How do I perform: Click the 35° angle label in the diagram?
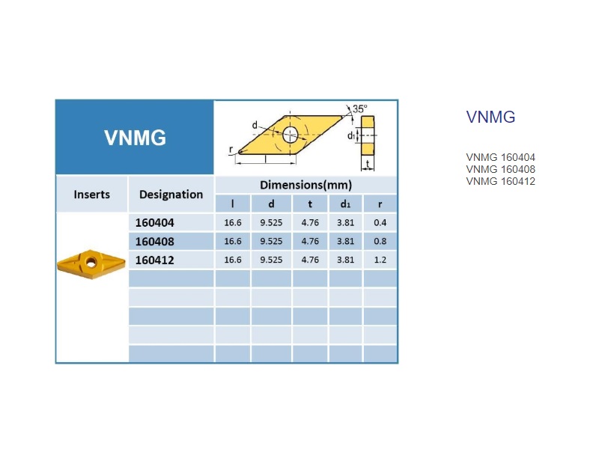point(360,109)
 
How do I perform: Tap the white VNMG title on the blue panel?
point(136,138)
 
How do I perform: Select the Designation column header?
point(171,195)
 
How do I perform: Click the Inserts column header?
point(91,195)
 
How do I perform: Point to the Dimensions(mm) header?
point(306,185)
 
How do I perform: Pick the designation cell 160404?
point(155,222)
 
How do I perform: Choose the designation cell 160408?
point(155,241)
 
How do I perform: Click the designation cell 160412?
point(155,260)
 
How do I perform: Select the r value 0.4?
point(380,222)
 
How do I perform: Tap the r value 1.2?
point(380,260)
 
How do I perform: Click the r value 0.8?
point(380,241)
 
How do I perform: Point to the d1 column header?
point(345,204)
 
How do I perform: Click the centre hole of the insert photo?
point(91,262)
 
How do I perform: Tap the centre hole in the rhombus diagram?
point(291,135)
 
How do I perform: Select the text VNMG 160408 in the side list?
point(500,169)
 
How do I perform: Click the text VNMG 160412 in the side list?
point(500,181)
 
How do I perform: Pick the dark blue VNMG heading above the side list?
point(490,117)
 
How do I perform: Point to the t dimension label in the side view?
point(368,163)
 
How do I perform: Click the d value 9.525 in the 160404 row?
point(271,222)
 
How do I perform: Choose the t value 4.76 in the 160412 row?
point(310,260)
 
